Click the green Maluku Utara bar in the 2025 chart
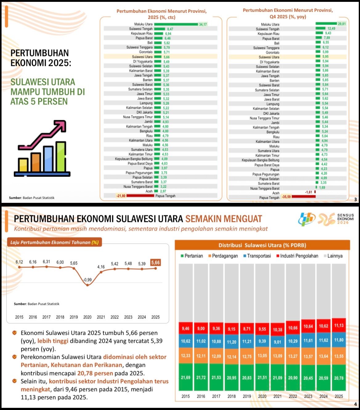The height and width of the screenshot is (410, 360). coord(176,24)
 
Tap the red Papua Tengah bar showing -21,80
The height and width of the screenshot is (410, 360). coord(140,196)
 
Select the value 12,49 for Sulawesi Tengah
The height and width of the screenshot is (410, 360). coord(331,29)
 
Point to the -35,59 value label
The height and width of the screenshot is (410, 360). coord(286,197)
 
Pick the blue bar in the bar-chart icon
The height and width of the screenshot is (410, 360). coord(48,159)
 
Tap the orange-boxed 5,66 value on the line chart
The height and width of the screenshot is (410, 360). coord(156,263)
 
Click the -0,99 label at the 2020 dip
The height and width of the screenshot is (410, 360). coord(87,280)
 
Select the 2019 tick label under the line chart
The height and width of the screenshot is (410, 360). coord(74,317)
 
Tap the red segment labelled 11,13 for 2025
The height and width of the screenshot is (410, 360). coord(339,326)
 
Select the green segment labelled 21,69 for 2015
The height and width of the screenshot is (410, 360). coord(186,378)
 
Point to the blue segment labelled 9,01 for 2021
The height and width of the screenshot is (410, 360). coord(277,342)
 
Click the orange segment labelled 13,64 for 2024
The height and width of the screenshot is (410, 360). coord(323,356)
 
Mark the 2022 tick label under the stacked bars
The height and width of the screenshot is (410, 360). coord(293,396)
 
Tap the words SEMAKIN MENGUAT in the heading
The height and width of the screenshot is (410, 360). coord(224,219)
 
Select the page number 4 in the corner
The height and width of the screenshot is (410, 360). coord(355,404)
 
